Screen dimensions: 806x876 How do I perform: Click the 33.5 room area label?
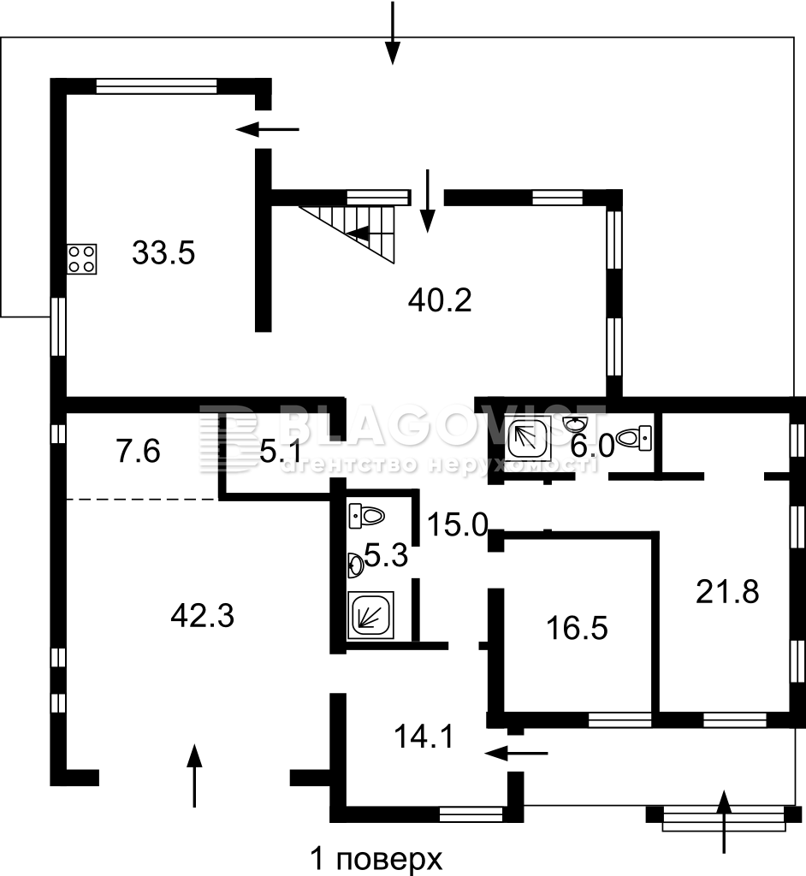163,253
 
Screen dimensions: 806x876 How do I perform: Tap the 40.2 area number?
440,300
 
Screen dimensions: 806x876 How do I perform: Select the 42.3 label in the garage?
202,617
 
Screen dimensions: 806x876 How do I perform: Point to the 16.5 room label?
577,628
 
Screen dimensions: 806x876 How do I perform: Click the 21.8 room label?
727,592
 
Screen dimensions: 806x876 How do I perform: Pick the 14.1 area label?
424,737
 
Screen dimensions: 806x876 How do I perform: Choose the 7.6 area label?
139,451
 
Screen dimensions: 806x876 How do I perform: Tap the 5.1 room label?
282,452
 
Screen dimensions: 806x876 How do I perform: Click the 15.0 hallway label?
458,525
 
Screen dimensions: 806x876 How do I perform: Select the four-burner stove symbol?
81,259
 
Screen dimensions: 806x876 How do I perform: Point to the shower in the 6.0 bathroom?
528,439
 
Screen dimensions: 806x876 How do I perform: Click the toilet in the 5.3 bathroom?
366,515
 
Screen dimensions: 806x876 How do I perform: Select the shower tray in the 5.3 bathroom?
370,615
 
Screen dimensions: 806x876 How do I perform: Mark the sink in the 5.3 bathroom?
356,565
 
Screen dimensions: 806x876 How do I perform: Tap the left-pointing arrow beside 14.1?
517,753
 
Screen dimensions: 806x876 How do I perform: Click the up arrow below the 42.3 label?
194,775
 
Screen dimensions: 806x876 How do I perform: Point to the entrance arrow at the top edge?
393,33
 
